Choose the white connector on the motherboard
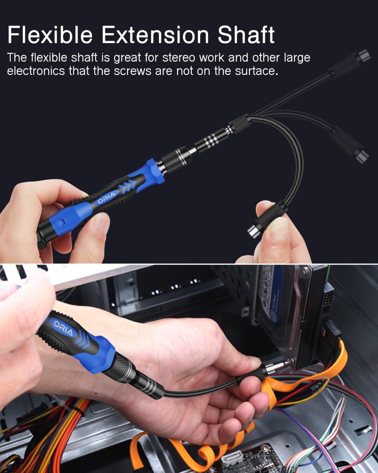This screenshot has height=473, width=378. point(232,464)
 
